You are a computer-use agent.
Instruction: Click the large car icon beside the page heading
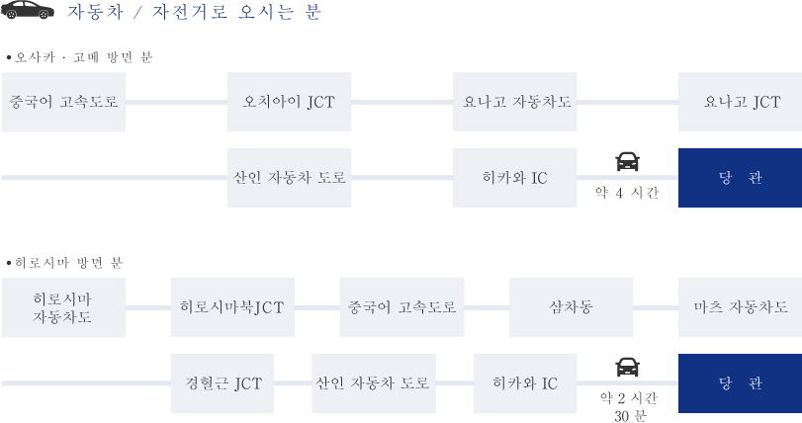[x=28, y=10]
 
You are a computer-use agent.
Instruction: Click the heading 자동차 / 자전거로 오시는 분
[x=194, y=12]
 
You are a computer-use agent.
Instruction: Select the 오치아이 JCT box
[x=289, y=102]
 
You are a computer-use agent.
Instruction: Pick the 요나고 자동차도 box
[x=514, y=102]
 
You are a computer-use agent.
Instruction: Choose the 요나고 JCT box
[x=740, y=102]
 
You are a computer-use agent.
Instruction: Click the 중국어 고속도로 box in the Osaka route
[x=63, y=102]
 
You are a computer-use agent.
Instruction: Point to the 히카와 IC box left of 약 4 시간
[x=514, y=178]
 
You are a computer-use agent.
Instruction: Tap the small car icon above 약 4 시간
[x=628, y=161]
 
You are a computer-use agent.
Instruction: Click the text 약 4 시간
[x=627, y=193]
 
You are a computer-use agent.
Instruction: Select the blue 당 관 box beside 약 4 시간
[x=740, y=178]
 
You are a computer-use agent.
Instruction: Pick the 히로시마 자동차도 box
[x=63, y=307]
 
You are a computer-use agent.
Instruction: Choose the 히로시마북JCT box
[x=232, y=307]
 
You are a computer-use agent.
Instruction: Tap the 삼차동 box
[x=571, y=307]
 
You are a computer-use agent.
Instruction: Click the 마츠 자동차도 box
[x=740, y=307]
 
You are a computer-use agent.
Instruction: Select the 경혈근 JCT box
[x=223, y=383]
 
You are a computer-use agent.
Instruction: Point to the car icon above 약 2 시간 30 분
[x=628, y=367]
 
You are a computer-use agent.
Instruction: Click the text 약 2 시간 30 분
[x=629, y=406]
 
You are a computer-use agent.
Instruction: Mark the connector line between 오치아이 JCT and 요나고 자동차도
[x=402, y=102]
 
